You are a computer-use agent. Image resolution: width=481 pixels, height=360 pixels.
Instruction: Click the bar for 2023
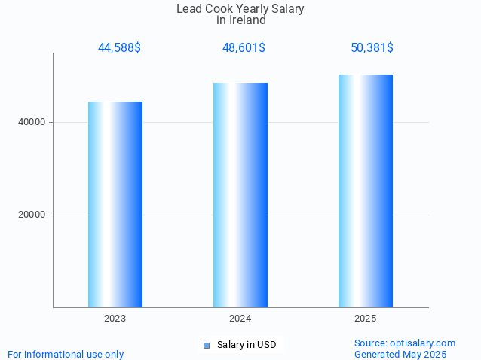[115, 204]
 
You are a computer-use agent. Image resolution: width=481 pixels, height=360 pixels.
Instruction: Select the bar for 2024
[240, 195]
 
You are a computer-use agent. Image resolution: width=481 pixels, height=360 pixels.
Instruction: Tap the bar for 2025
[366, 191]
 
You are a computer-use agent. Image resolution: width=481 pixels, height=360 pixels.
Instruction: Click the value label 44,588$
[119, 48]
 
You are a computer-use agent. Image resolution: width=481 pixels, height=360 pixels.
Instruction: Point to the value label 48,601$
[244, 48]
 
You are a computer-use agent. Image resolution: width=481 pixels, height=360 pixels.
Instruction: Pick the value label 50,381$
[372, 48]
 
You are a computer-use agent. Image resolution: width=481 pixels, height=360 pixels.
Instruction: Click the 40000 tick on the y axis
[31, 122]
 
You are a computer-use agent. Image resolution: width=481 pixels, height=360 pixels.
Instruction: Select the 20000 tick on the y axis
[31, 215]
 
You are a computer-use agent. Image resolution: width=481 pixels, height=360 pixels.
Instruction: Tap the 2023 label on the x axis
[115, 319]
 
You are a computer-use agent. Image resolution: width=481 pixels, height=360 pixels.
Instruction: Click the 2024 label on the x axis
[240, 319]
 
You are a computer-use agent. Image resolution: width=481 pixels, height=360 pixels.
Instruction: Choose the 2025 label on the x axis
[366, 319]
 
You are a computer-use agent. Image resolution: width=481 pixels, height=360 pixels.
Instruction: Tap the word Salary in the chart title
[286, 9]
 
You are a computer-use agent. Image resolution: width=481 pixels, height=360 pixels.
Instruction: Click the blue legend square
[207, 345]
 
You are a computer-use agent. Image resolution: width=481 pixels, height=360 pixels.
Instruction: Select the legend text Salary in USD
[247, 345]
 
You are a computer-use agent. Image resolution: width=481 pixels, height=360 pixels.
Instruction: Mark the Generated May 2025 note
[400, 354]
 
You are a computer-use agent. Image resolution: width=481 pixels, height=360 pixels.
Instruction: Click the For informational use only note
[66, 354]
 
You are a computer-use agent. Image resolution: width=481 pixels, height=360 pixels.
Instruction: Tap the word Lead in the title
[190, 9]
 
